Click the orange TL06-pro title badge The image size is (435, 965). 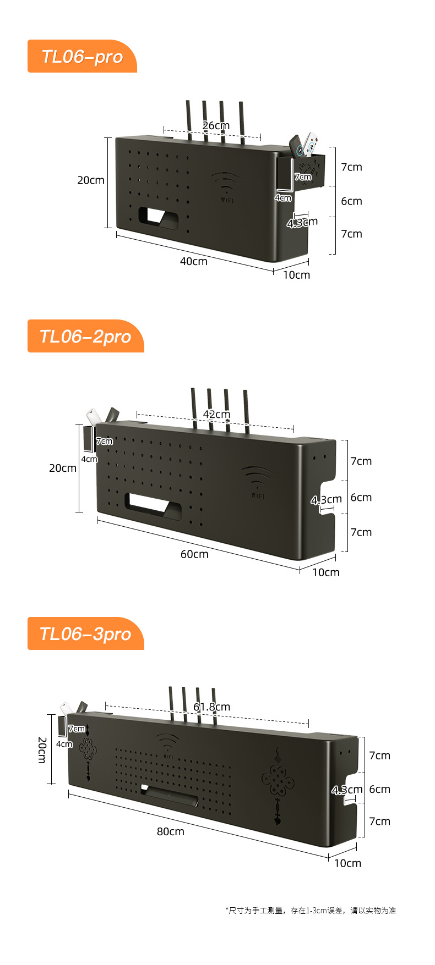coord(82,56)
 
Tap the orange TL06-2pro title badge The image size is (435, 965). coord(85,336)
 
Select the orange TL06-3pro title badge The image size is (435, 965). coord(85,633)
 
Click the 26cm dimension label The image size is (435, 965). coord(216,126)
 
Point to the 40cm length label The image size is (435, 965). coord(194,261)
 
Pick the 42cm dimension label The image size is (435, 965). coord(216,414)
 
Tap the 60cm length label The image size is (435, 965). coord(194,554)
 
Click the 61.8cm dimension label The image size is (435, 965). coord(212,707)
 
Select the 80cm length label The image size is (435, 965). coord(171,831)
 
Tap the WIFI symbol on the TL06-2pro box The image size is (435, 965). coord(258,482)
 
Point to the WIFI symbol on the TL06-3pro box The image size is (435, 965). coord(168,746)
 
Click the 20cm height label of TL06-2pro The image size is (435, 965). coord(63,468)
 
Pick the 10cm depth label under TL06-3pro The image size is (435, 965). coord(348,863)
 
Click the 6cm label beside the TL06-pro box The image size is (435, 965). coord(351,201)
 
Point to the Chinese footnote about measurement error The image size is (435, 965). coord(311,911)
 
